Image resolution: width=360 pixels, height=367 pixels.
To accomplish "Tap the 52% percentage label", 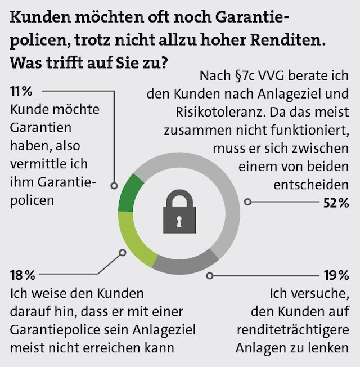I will pos(336,203).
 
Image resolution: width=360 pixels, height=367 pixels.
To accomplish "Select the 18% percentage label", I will pos(23,275).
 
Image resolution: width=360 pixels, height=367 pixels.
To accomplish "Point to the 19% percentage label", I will pos(336,275).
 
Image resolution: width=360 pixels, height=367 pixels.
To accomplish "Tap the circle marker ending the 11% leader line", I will pos(114,185).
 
